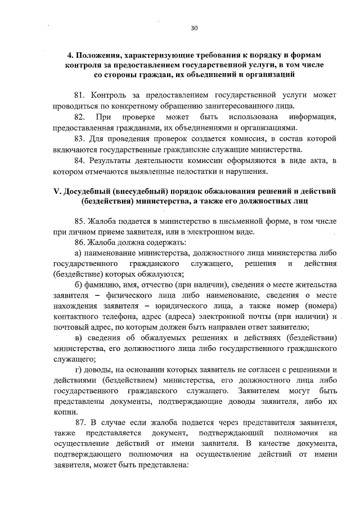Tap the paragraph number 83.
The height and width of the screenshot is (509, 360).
80,138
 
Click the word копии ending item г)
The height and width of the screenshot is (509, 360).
65,412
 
